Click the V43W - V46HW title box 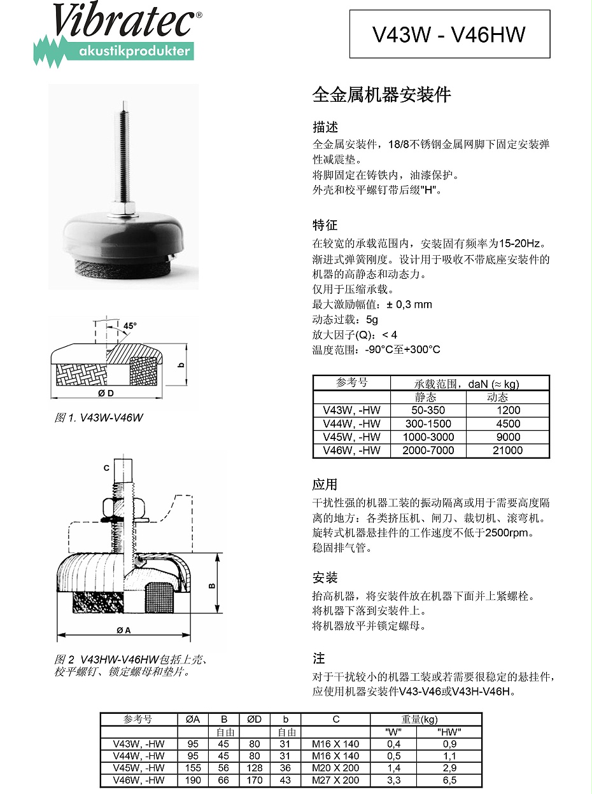pos(449,34)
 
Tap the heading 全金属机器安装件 pos(381,95)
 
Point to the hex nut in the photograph pos(125,208)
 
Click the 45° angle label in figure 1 pos(130,326)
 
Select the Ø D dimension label pos(106,393)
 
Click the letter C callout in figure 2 pos(107,468)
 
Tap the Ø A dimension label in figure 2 pos(123,630)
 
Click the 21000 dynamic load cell pos(507,450)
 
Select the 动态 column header pos(497,397)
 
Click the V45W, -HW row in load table pos(351,437)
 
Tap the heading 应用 pos(325,485)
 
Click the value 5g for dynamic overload pos(372,319)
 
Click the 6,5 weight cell pos(449,780)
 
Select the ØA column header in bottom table pos(193,720)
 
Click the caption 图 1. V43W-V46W pos(99,418)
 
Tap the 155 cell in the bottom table pos(193,768)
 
